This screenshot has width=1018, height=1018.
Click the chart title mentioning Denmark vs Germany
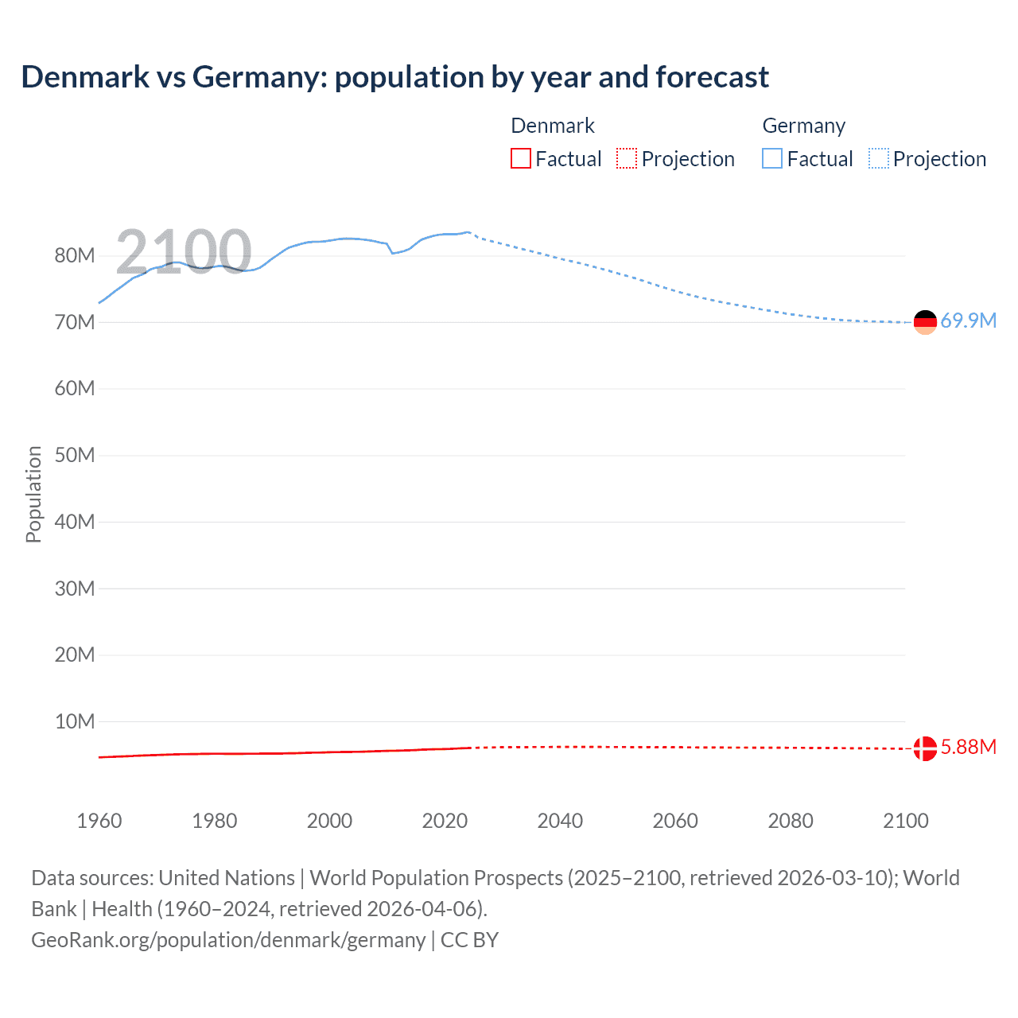click(x=394, y=77)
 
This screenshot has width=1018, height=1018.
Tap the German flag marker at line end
click(x=925, y=321)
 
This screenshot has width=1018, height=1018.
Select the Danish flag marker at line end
click(x=925, y=748)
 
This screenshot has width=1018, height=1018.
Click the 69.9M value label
click(x=968, y=321)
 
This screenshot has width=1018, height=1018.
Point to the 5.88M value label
click(x=968, y=747)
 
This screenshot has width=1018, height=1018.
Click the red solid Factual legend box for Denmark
click(x=521, y=159)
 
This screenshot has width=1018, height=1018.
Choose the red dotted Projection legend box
click(x=627, y=159)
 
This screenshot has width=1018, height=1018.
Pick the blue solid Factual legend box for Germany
click(x=772, y=159)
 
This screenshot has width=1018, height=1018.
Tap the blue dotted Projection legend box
click(x=879, y=159)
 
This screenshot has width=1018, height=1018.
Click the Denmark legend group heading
click(x=553, y=126)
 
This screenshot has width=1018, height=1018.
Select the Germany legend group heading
click(x=803, y=126)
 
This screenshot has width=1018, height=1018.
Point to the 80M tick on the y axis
click(x=75, y=255)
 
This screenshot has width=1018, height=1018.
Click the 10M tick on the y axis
click(x=75, y=721)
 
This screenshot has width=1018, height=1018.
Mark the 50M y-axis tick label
click(x=75, y=455)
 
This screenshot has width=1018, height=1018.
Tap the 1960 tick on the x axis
click(x=99, y=821)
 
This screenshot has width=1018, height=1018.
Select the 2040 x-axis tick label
click(x=560, y=821)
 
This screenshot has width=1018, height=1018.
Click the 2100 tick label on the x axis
click(x=905, y=821)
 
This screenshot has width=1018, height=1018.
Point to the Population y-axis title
click(x=33, y=494)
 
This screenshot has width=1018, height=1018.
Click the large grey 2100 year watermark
click(x=184, y=252)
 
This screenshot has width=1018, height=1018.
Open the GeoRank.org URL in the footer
click(x=228, y=940)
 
